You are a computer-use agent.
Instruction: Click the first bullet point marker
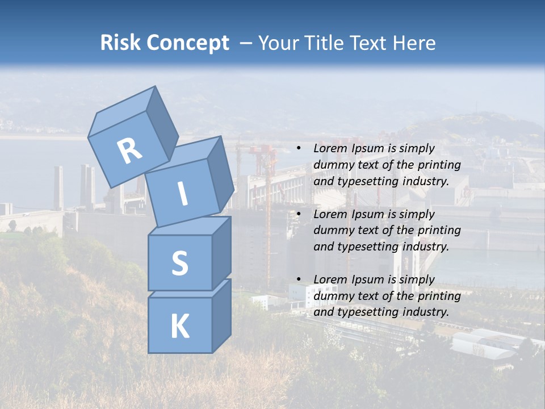[299, 149]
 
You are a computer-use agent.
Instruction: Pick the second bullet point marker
[299, 214]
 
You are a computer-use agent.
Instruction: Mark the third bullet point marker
[299, 279]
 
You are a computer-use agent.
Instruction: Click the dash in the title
[247, 43]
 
